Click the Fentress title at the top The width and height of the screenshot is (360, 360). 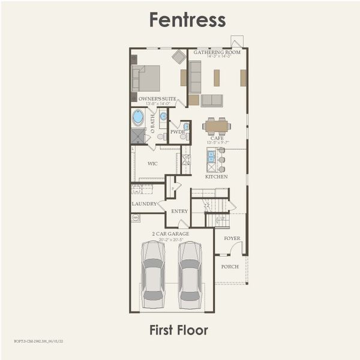point(187,19)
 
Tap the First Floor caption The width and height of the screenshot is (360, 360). point(178,329)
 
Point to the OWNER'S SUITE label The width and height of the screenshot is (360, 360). point(154,98)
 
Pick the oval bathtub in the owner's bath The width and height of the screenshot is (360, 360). point(138,117)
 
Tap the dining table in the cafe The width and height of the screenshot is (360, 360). point(217,126)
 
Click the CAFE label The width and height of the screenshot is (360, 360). point(217,138)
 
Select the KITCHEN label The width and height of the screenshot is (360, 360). point(216,177)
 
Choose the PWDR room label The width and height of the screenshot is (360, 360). point(177,132)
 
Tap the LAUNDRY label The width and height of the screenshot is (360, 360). point(144,204)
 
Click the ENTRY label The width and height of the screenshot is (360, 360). point(179,211)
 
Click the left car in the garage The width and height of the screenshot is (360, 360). point(153,275)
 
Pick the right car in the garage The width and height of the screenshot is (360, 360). point(190,275)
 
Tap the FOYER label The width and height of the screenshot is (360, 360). point(232,238)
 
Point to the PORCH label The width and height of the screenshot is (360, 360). point(230,266)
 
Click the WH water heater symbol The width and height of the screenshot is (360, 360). point(136,217)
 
